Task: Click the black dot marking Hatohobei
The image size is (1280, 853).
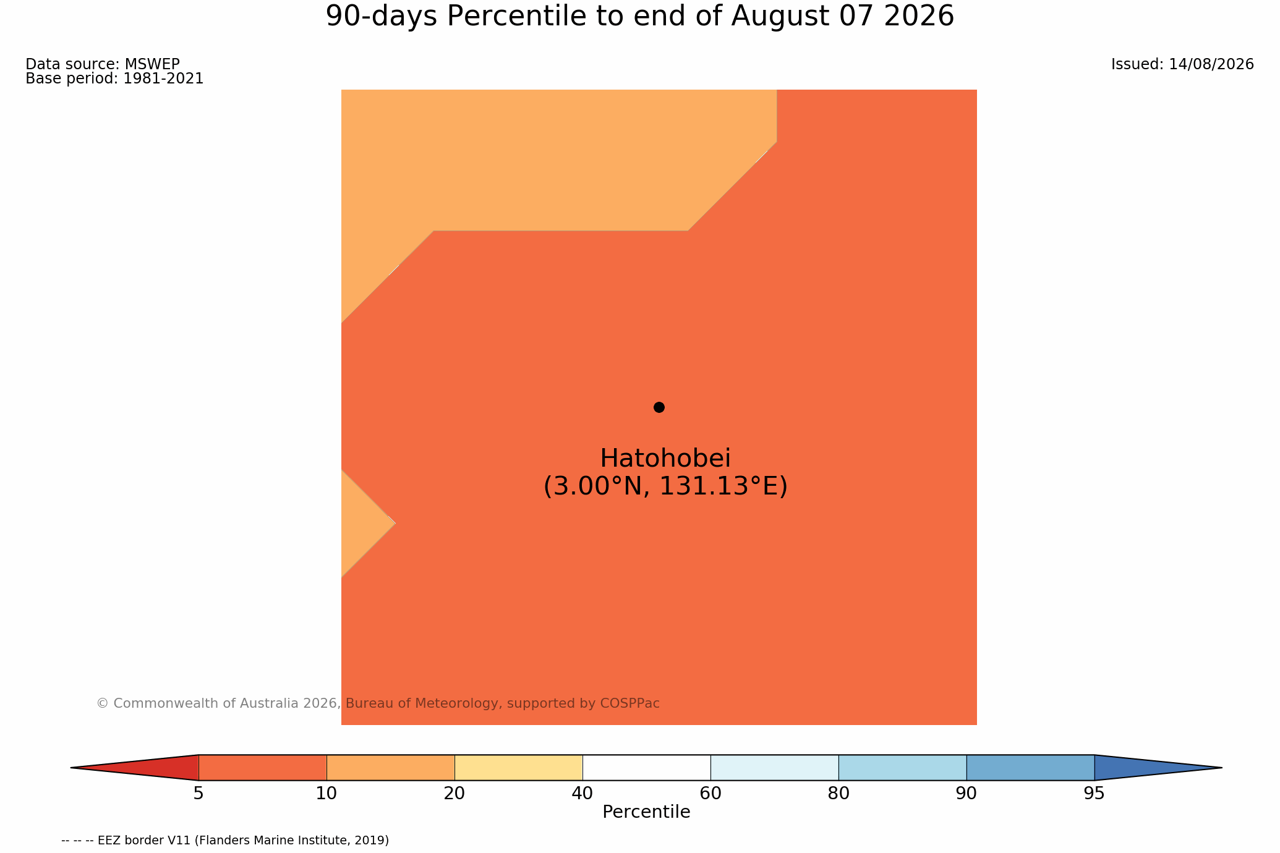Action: [659, 407]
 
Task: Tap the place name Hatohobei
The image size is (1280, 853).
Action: [665, 458]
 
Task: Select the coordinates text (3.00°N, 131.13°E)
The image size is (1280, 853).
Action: [665, 486]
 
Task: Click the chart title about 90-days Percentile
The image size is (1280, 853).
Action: [640, 17]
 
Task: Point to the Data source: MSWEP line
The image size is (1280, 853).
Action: [103, 64]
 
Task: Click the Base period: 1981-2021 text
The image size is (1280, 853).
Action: [114, 79]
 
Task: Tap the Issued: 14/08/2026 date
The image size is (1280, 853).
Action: [1182, 64]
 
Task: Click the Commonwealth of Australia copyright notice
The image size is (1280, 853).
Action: [378, 703]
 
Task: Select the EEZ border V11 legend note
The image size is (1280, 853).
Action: [225, 841]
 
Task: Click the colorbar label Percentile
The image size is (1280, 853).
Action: [646, 812]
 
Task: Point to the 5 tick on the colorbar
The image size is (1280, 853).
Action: [198, 794]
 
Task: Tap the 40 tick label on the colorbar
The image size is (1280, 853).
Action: [582, 794]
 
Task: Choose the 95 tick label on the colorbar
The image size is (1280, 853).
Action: [1094, 794]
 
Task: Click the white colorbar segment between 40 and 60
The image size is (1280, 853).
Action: [647, 768]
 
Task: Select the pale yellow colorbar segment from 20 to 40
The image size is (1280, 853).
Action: [519, 768]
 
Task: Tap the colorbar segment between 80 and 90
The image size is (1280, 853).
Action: [903, 768]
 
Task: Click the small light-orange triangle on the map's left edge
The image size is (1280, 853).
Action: [362, 524]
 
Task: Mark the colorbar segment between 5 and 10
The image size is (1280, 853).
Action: [263, 768]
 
